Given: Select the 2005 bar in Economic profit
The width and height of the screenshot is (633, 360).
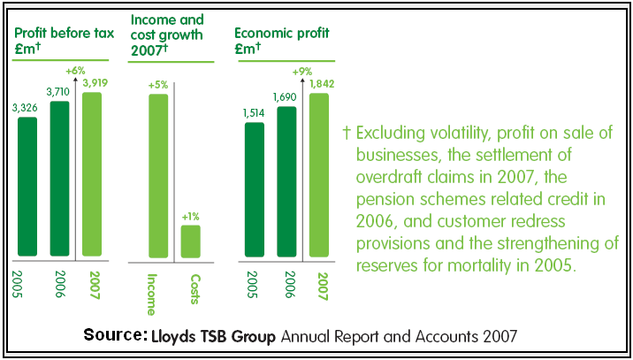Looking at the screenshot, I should tap(255, 191).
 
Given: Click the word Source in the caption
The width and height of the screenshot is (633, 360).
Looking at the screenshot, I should tap(114, 335).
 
